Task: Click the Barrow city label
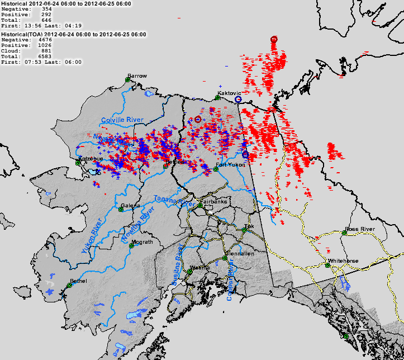tap(137, 75)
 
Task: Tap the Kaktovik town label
tap(229, 93)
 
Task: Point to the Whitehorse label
tap(341, 260)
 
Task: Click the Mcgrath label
tap(142, 242)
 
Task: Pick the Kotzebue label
tap(89, 159)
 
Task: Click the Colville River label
tap(122, 120)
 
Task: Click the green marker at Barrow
tap(127, 80)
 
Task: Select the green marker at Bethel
tap(69, 285)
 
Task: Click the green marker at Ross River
tap(344, 234)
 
